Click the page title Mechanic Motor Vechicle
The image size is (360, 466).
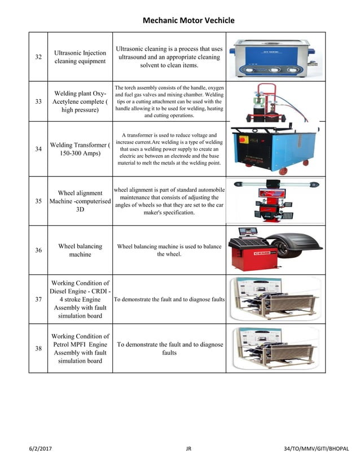188,21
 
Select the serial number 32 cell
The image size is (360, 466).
38,57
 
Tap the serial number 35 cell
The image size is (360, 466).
38,201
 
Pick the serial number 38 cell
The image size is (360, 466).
38,349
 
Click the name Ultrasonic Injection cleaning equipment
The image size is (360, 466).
80,57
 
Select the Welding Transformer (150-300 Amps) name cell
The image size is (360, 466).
80,150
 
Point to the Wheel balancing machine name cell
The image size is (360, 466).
80,250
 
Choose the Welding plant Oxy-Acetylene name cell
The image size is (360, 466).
80,102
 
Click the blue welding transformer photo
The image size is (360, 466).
275,148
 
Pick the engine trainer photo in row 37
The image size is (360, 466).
275,299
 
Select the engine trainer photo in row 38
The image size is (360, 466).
275,349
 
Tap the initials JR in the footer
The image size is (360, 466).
188,449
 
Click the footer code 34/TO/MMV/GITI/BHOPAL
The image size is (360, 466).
317,449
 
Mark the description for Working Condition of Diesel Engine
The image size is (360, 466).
169,300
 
